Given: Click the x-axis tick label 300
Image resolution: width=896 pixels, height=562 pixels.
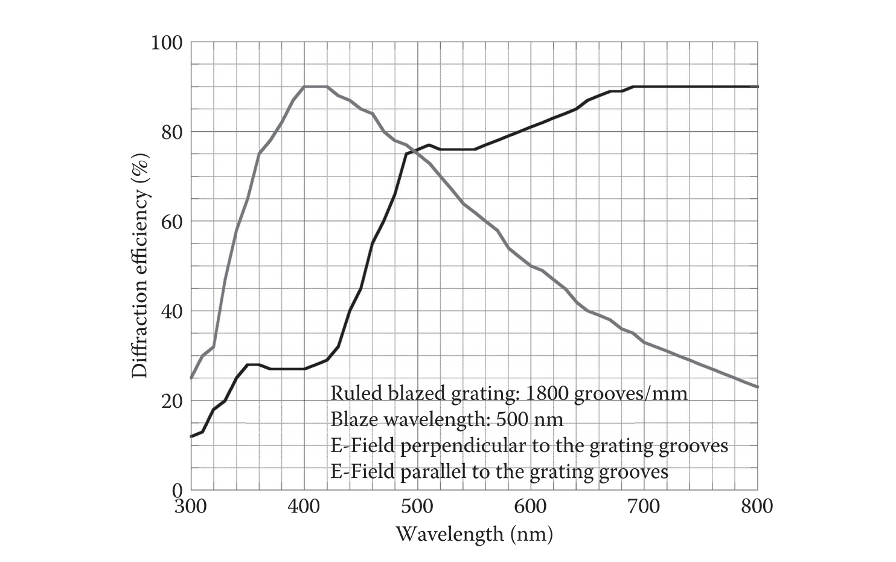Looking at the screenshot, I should (x=191, y=506).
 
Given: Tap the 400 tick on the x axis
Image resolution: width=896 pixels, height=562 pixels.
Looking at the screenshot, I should (x=304, y=506).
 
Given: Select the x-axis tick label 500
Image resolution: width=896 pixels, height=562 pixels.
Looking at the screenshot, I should (x=417, y=506).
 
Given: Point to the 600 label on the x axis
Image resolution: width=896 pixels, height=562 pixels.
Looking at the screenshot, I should (x=530, y=506).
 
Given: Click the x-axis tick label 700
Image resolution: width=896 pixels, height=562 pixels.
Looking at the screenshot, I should (x=644, y=506).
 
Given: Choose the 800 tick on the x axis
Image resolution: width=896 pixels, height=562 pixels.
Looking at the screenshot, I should (x=757, y=506).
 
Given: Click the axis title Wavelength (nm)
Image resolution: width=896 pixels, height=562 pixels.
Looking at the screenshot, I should (x=474, y=534).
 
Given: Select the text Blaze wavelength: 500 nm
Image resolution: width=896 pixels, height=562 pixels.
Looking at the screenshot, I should (x=447, y=419).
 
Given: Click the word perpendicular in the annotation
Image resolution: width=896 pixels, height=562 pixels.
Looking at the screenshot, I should (x=463, y=446).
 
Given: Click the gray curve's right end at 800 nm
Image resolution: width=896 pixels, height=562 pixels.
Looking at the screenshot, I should (x=757, y=387).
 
